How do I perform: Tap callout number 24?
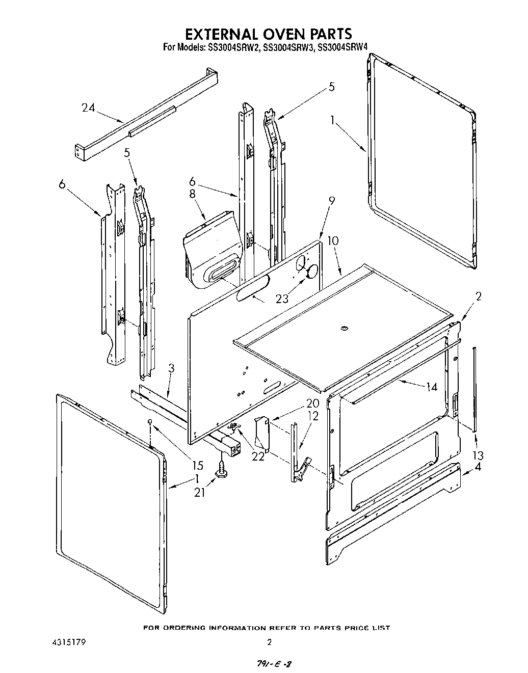coord(89,107)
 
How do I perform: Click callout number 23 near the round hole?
coord(282,299)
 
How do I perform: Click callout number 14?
coord(432,387)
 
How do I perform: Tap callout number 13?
coord(478,455)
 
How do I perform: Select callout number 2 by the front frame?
coord(478,296)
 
